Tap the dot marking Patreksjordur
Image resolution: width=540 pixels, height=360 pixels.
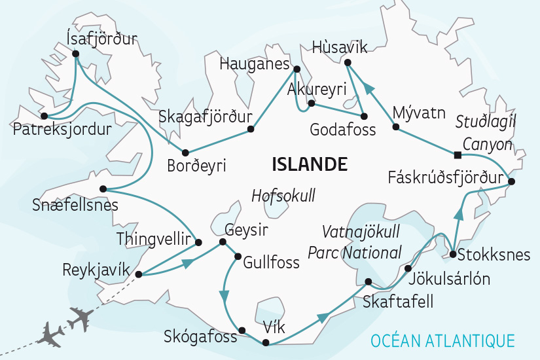[44, 117]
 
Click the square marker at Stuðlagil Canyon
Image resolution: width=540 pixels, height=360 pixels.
[457, 155]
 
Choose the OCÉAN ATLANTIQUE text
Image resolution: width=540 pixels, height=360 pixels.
[442, 340]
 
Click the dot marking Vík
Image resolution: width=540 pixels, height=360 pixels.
[265, 343]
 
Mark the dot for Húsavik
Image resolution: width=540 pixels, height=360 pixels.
[347, 62]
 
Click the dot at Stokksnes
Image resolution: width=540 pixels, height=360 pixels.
[452, 254]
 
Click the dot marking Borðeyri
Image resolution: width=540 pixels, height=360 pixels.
[185, 151]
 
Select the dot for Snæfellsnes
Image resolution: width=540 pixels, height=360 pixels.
[103, 189]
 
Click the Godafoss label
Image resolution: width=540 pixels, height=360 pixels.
[344, 130]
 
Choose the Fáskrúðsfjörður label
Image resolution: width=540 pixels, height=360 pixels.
[445, 177]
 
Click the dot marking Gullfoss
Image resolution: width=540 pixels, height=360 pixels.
[238, 257]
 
